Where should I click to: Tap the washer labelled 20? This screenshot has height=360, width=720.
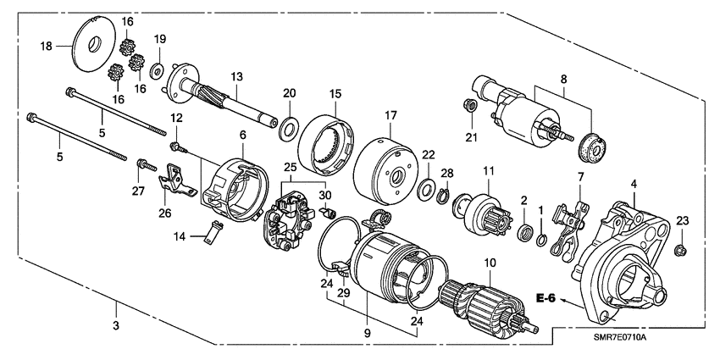click(289, 128)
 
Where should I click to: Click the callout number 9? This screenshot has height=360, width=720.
click(368, 334)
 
